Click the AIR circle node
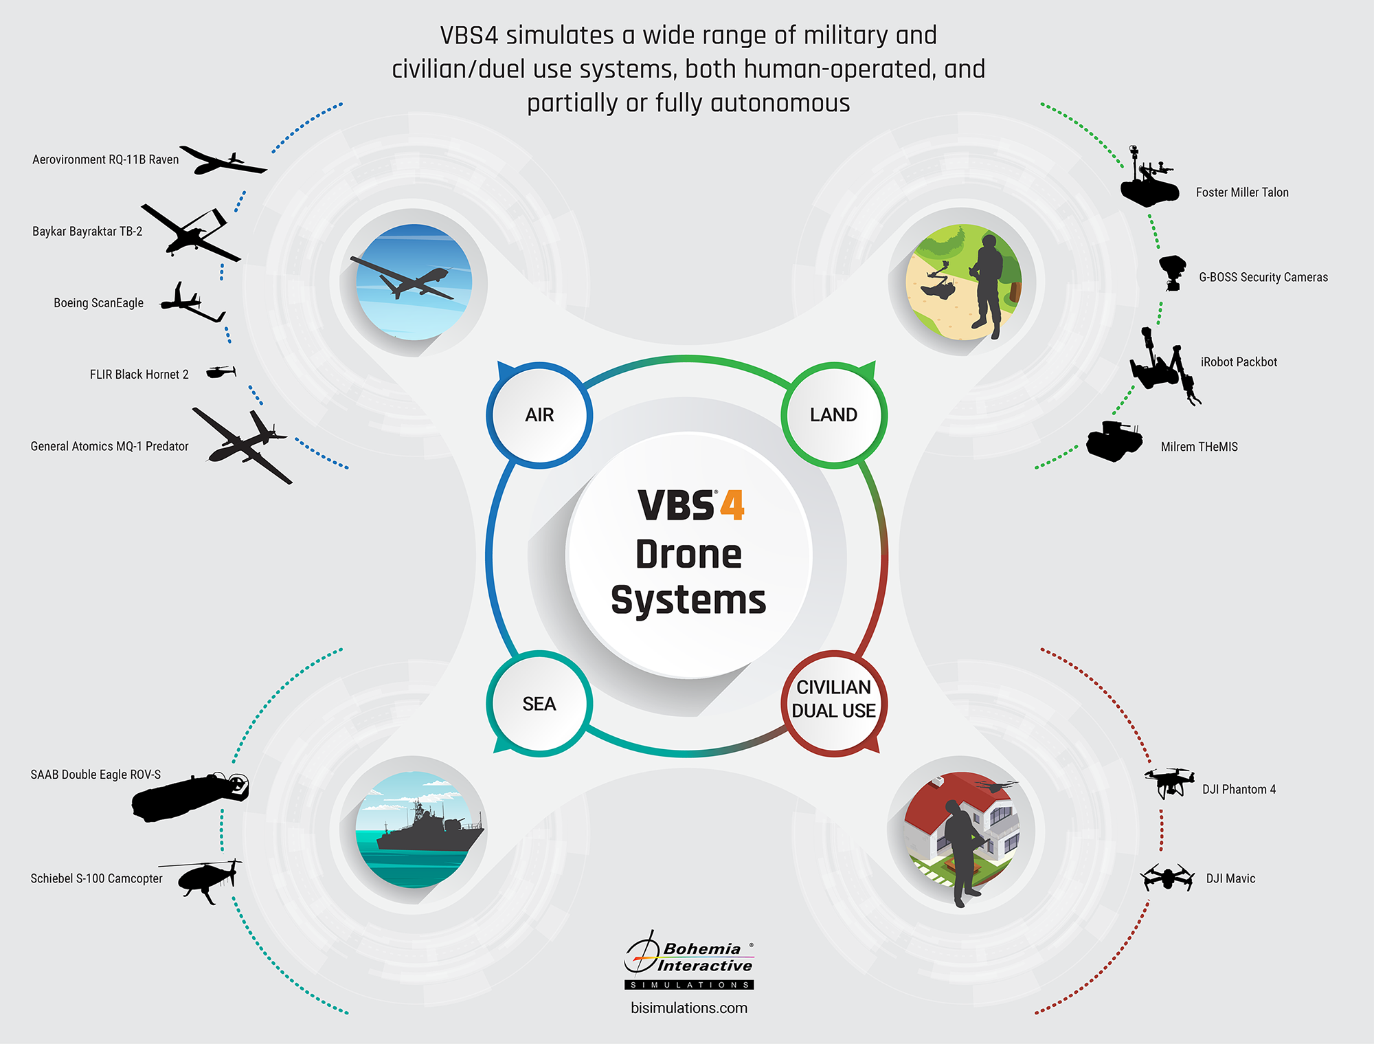[539, 415]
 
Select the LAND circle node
[833, 415]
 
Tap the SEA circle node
[539, 704]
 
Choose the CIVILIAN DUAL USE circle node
[833, 700]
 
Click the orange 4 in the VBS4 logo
[732, 505]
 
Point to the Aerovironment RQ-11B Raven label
[105, 159]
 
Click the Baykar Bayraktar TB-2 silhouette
[190, 232]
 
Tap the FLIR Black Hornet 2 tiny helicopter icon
[221, 372]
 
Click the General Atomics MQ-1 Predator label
[109, 446]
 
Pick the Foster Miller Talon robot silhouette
[1149, 182]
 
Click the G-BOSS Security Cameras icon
[1172, 272]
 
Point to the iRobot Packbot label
[1239, 362]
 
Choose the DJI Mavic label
[1230, 878]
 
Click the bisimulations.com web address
[689, 1008]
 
